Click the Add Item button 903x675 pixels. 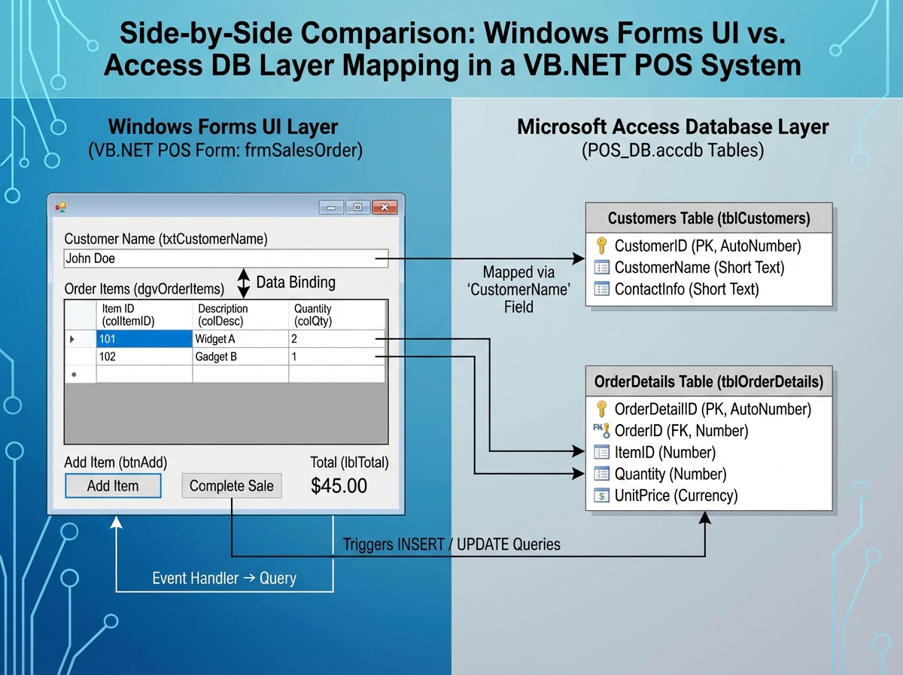(x=113, y=486)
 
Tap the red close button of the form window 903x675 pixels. (x=385, y=207)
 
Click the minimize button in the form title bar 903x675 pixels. (x=331, y=207)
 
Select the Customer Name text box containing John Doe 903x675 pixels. (x=226, y=258)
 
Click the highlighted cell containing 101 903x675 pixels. (x=144, y=339)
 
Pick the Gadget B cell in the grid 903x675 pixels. (x=240, y=356)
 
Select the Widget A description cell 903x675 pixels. (x=240, y=339)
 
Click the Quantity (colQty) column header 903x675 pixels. (x=336, y=314)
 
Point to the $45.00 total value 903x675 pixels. (x=339, y=486)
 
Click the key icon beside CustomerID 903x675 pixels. (x=600, y=246)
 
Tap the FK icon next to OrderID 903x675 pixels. (x=600, y=431)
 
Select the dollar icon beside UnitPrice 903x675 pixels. (x=600, y=496)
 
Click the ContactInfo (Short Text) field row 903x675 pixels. (x=686, y=289)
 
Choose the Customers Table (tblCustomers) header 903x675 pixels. (x=709, y=218)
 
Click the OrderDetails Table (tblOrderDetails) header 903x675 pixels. (x=709, y=382)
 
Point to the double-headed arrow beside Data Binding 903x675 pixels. (x=243, y=283)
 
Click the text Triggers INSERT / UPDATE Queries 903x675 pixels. (x=451, y=543)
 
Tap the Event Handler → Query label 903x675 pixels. (x=224, y=579)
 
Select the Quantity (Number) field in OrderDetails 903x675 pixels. (x=670, y=474)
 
